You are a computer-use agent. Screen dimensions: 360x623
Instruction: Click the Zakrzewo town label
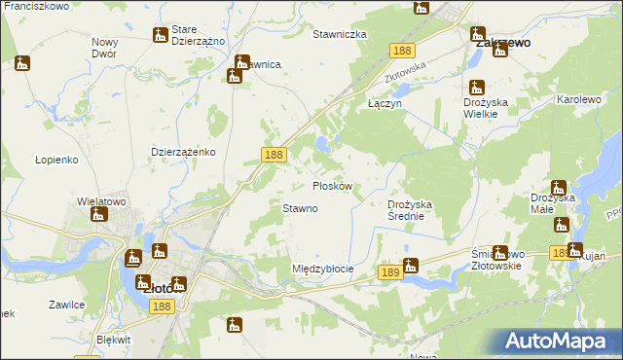pos(501,43)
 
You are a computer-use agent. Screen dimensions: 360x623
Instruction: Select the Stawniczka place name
pos(339,34)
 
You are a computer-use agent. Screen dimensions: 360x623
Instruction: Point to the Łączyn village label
pos(385,102)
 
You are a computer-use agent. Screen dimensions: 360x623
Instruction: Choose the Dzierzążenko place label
pos(183,152)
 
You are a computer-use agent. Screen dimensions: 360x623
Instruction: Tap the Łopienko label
pos(55,159)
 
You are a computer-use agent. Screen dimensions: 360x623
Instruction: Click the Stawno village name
pos(300,208)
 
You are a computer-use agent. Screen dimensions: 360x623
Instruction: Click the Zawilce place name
pos(66,305)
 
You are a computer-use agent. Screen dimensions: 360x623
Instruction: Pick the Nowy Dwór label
pos(105,48)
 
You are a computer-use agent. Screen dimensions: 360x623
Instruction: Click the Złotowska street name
pos(406,71)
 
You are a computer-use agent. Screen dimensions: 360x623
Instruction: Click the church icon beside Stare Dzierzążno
pos(160,35)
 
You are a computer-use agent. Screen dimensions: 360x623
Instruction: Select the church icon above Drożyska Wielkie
pos(476,86)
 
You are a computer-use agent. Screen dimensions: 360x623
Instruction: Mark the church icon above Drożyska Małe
pos(558,187)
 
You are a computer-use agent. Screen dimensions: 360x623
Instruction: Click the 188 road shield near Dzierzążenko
pos(274,154)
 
